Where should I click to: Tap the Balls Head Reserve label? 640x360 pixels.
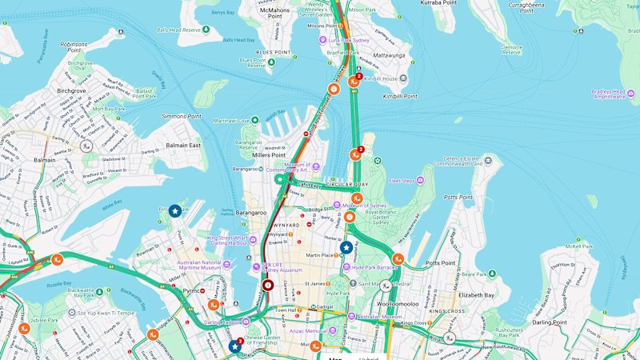(178, 30)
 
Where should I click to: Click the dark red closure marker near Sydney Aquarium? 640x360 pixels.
(268, 285)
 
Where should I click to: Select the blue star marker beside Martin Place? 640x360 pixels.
(346, 248)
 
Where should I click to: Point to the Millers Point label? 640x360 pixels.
(269, 155)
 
